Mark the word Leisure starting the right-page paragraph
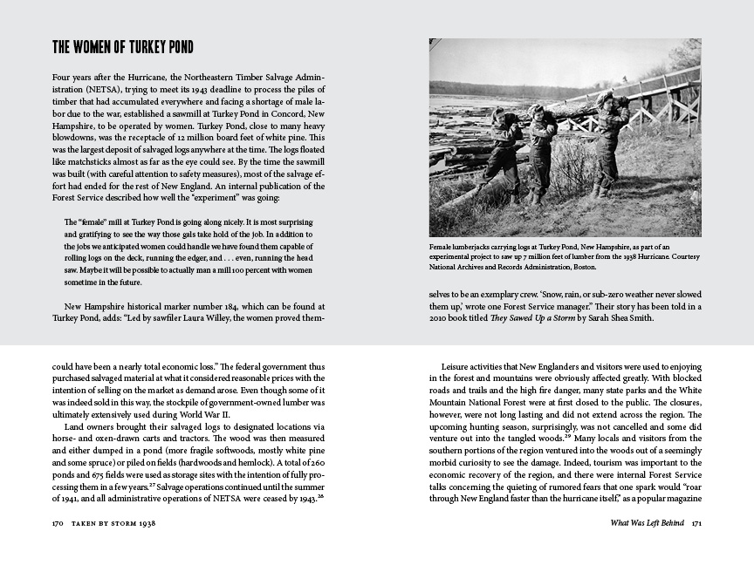[x=459, y=365]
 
